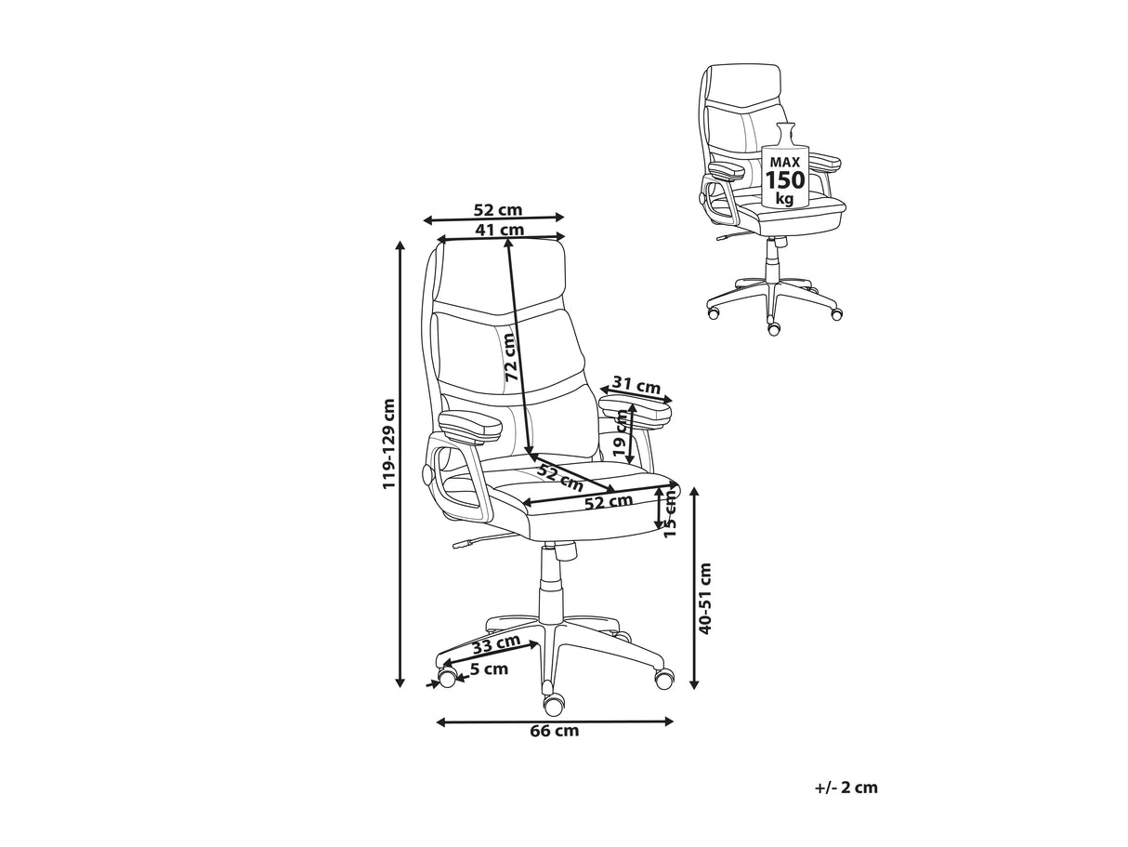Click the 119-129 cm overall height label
click(x=389, y=443)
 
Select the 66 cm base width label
click(x=554, y=730)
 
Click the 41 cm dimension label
click(x=500, y=230)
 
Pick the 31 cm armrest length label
click(x=636, y=385)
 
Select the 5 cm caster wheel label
click(x=490, y=669)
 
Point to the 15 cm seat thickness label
click(x=670, y=513)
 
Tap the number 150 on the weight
click(x=785, y=180)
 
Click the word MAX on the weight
click(x=785, y=163)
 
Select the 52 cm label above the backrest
click(x=497, y=210)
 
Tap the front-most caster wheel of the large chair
click(x=554, y=704)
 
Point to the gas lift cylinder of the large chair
click(x=552, y=587)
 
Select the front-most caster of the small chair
click(x=773, y=328)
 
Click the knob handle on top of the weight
click(x=785, y=134)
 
